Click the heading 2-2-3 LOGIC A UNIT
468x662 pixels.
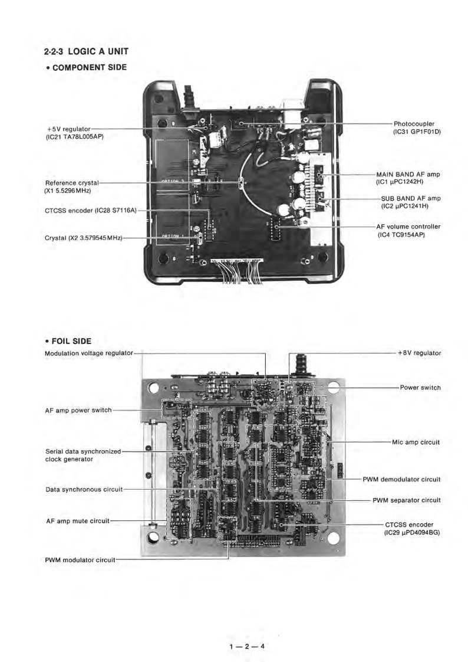click(x=86, y=53)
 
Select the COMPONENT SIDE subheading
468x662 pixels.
click(x=89, y=68)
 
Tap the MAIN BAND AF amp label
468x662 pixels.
click(x=408, y=175)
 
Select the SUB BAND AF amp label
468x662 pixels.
click(x=410, y=198)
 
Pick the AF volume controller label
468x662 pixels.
click(x=408, y=227)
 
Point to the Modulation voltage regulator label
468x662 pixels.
click(x=89, y=353)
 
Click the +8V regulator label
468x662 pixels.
click(x=419, y=353)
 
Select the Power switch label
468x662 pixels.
click(x=420, y=388)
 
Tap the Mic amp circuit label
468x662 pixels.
click(x=416, y=441)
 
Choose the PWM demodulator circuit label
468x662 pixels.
click(x=401, y=479)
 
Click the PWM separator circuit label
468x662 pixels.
click(x=407, y=500)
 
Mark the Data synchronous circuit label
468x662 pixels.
click(x=84, y=489)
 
